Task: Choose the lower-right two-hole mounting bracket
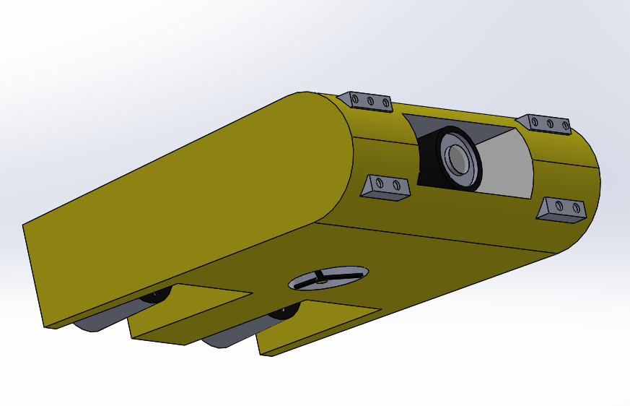tap(564, 209)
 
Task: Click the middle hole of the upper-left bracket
tap(371, 101)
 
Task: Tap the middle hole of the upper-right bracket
tap(550, 124)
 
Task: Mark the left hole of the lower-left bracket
tap(382, 184)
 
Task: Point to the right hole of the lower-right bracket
tap(576, 208)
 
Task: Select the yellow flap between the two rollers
tap(188, 314)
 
